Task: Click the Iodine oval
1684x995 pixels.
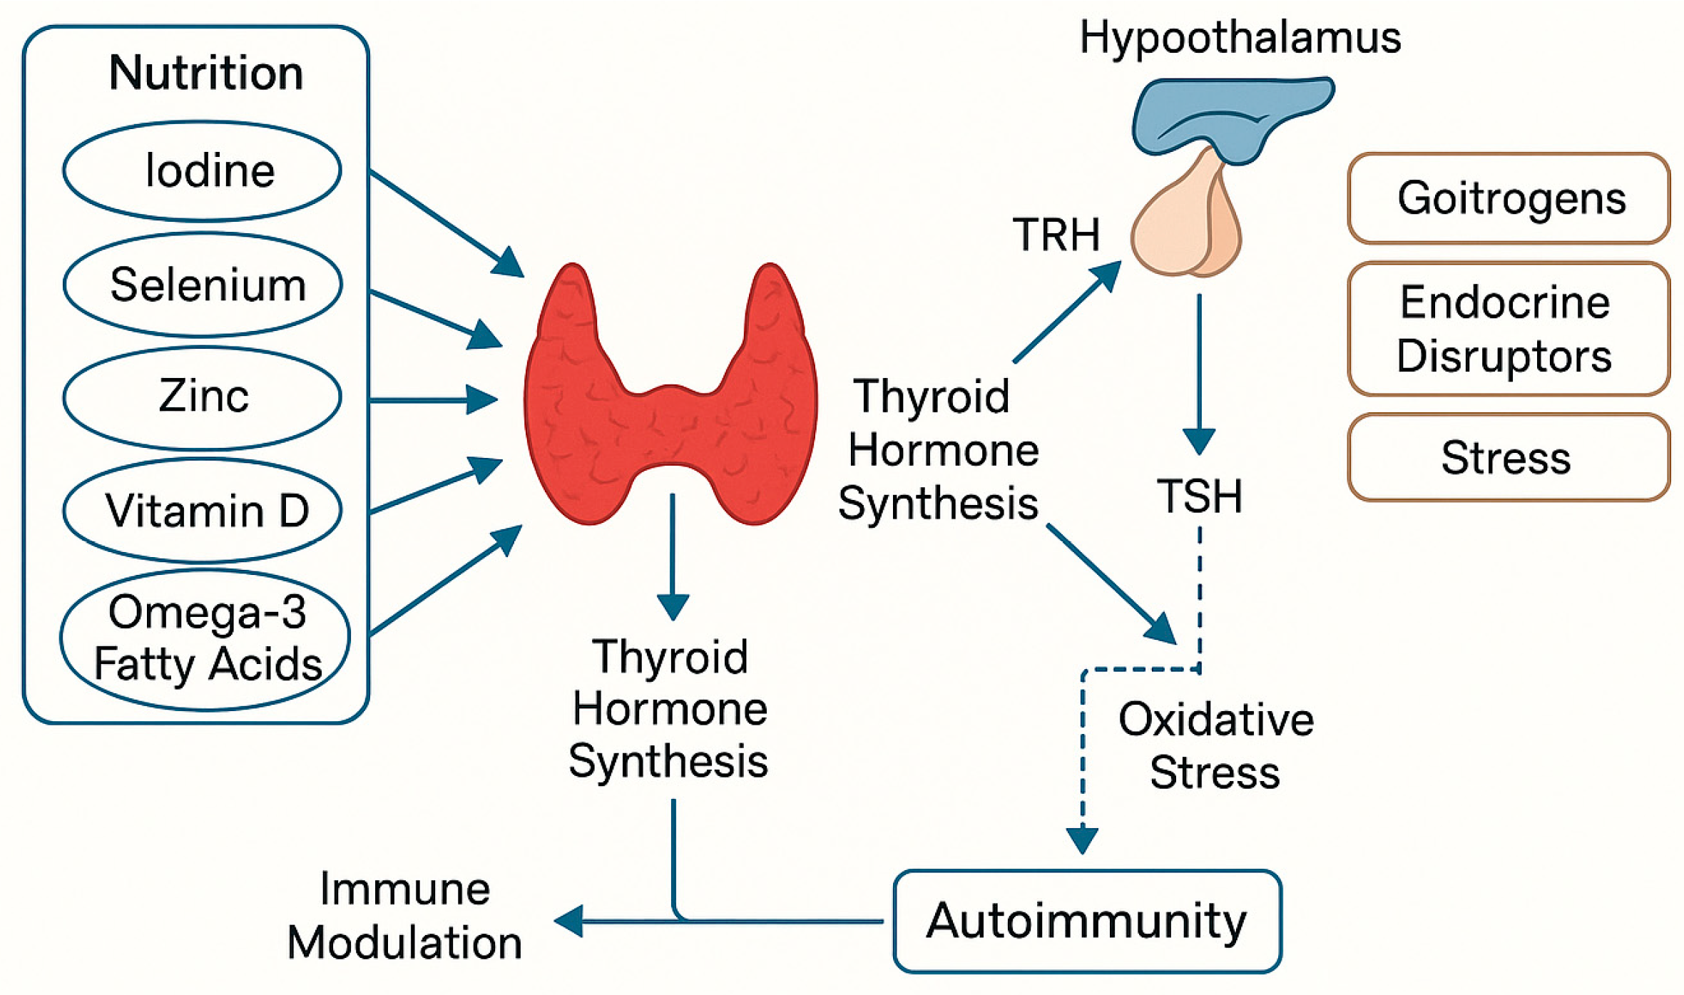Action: (x=203, y=171)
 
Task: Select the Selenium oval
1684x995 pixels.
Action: (x=203, y=285)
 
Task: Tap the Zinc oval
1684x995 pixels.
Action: (x=203, y=397)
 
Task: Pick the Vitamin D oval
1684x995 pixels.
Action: (x=203, y=511)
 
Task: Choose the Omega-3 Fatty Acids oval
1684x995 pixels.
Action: (x=205, y=639)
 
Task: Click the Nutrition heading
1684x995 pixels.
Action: (x=205, y=73)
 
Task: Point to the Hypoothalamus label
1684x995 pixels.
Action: (x=1240, y=37)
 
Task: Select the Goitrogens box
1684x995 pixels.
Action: (x=1509, y=198)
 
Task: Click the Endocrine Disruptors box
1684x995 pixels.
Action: (x=1509, y=329)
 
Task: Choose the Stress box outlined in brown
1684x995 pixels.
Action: (x=1509, y=457)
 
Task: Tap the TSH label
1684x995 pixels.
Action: (x=1200, y=496)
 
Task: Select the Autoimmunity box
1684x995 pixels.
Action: (x=1087, y=921)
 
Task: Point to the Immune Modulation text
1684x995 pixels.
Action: (x=405, y=916)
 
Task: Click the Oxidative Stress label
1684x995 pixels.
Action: (x=1215, y=746)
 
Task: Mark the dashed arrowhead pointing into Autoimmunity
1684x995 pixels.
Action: (x=1082, y=840)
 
